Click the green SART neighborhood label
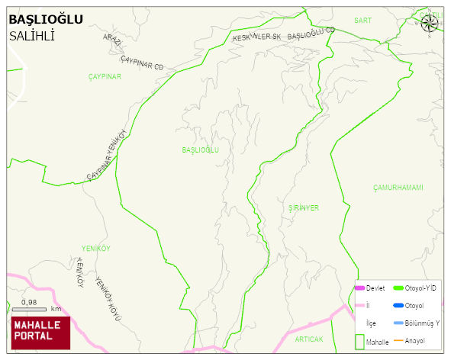click(x=362, y=21)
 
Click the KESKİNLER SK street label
click(x=257, y=37)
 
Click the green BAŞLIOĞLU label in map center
click(x=201, y=150)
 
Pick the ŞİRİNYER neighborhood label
click(x=304, y=207)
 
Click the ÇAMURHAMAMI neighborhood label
click(x=398, y=188)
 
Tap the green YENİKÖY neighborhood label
click(x=96, y=249)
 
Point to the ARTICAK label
click(x=309, y=339)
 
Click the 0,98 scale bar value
click(x=30, y=302)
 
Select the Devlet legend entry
click(x=375, y=288)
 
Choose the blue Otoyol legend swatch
click(x=398, y=306)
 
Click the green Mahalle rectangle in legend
click(x=359, y=342)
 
